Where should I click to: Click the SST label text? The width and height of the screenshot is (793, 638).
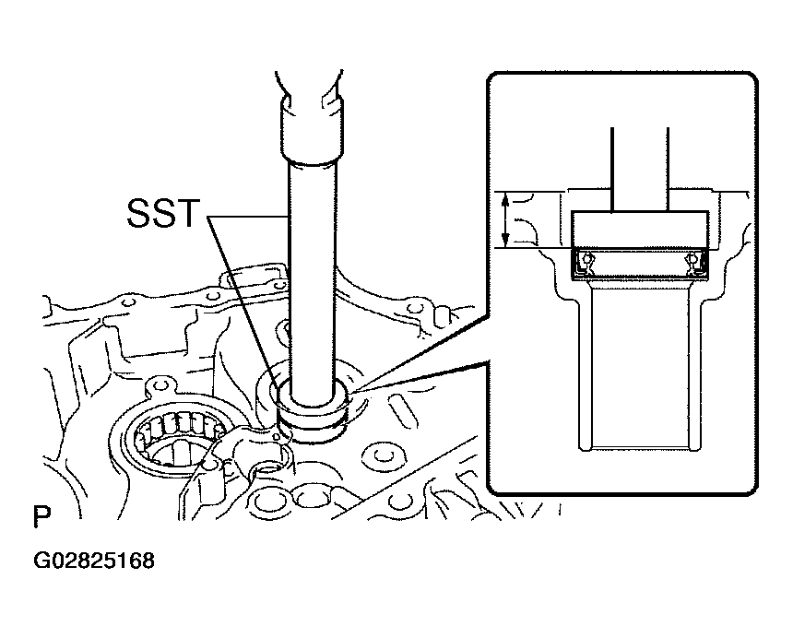(x=163, y=213)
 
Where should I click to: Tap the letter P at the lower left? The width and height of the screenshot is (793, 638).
(x=42, y=516)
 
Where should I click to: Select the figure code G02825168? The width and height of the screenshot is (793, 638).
(x=94, y=561)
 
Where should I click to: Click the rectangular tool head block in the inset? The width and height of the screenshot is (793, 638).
(x=640, y=230)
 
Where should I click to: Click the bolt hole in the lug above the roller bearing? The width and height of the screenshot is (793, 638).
(x=160, y=386)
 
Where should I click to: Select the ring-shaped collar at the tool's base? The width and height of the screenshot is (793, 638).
(x=312, y=405)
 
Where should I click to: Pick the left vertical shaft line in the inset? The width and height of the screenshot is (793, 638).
(x=612, y=170)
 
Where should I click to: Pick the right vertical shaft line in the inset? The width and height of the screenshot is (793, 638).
(x=669, y=170)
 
